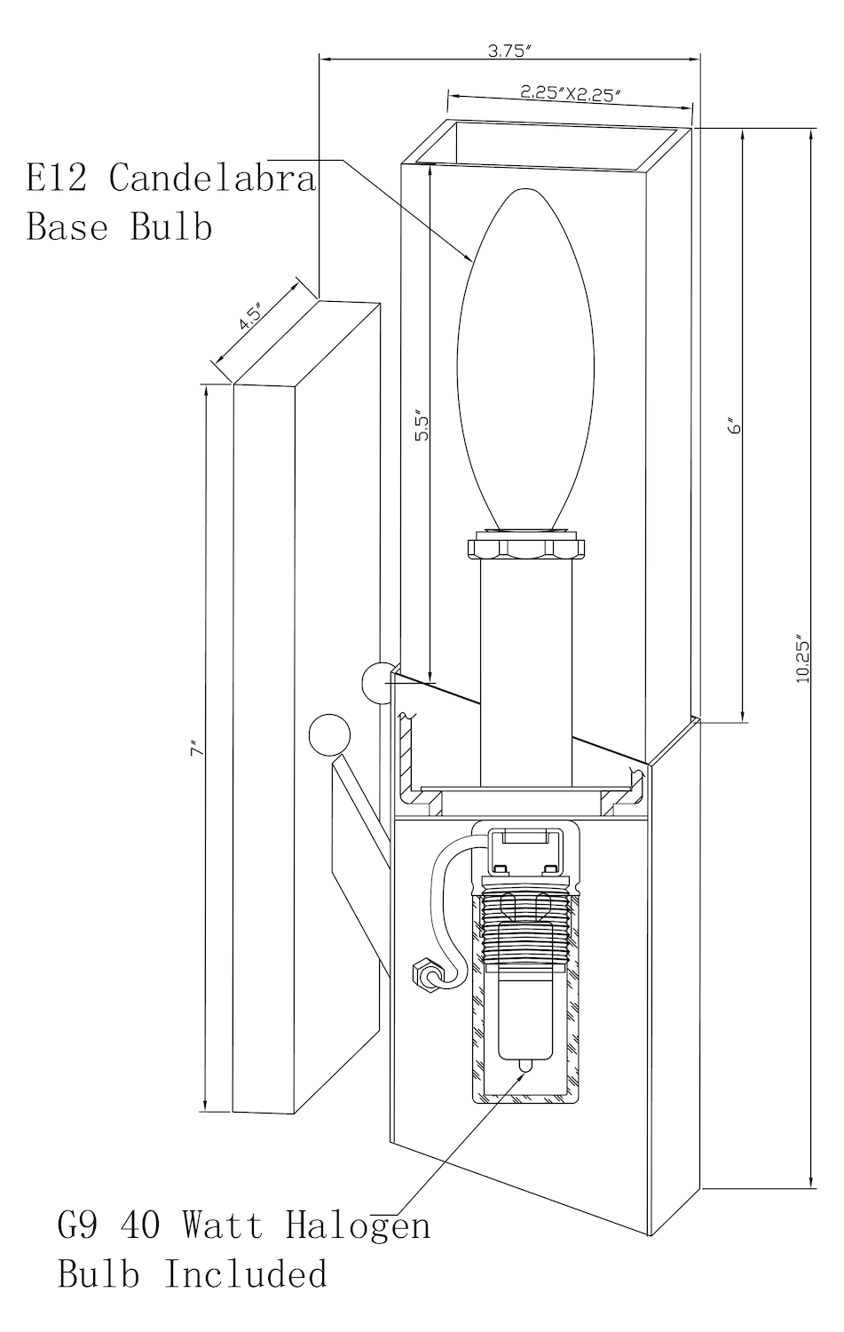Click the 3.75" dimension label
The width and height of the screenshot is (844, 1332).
point(509,51)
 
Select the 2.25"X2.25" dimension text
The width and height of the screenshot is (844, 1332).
point(571,93)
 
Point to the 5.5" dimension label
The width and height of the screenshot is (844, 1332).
point(422,424)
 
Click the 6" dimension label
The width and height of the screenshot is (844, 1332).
point(737,426)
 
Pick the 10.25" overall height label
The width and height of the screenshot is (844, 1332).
point(803,661)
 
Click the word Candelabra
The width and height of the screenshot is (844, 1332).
point(213,178)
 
